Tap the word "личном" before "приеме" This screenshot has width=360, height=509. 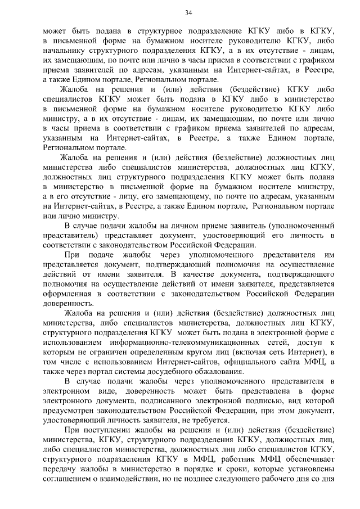[179, 225]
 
